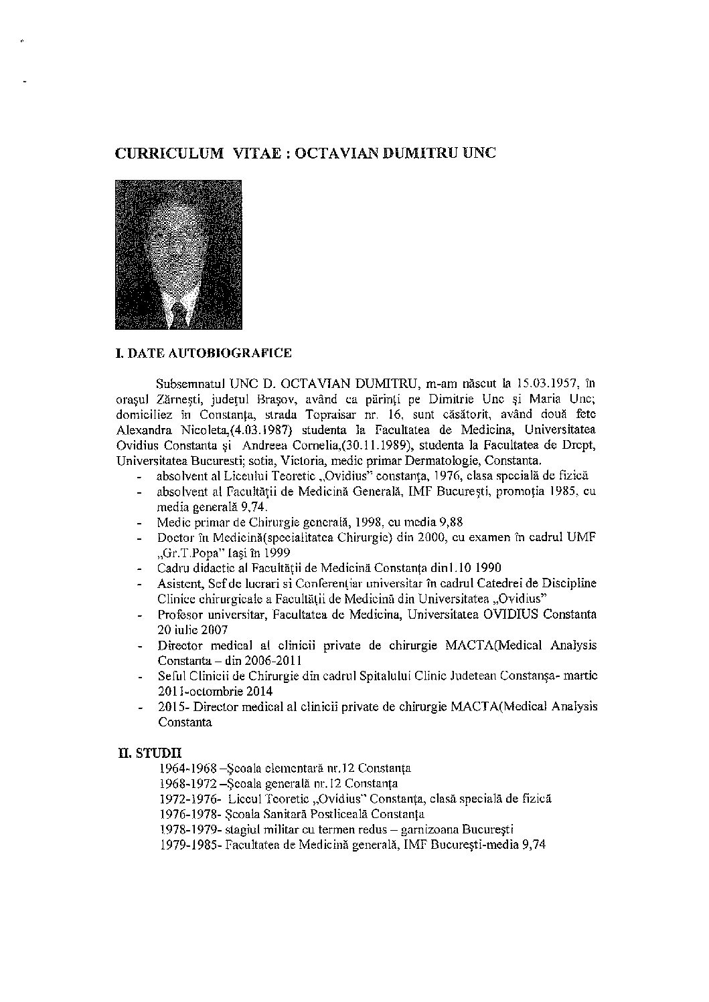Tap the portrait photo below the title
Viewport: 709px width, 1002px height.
pyautogui.click(x=178, y=255)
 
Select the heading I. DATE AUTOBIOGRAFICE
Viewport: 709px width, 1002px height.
pyautogui.click(x=204, y=353)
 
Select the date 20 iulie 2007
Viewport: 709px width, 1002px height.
pyautogui.click(x=193, y=629)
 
